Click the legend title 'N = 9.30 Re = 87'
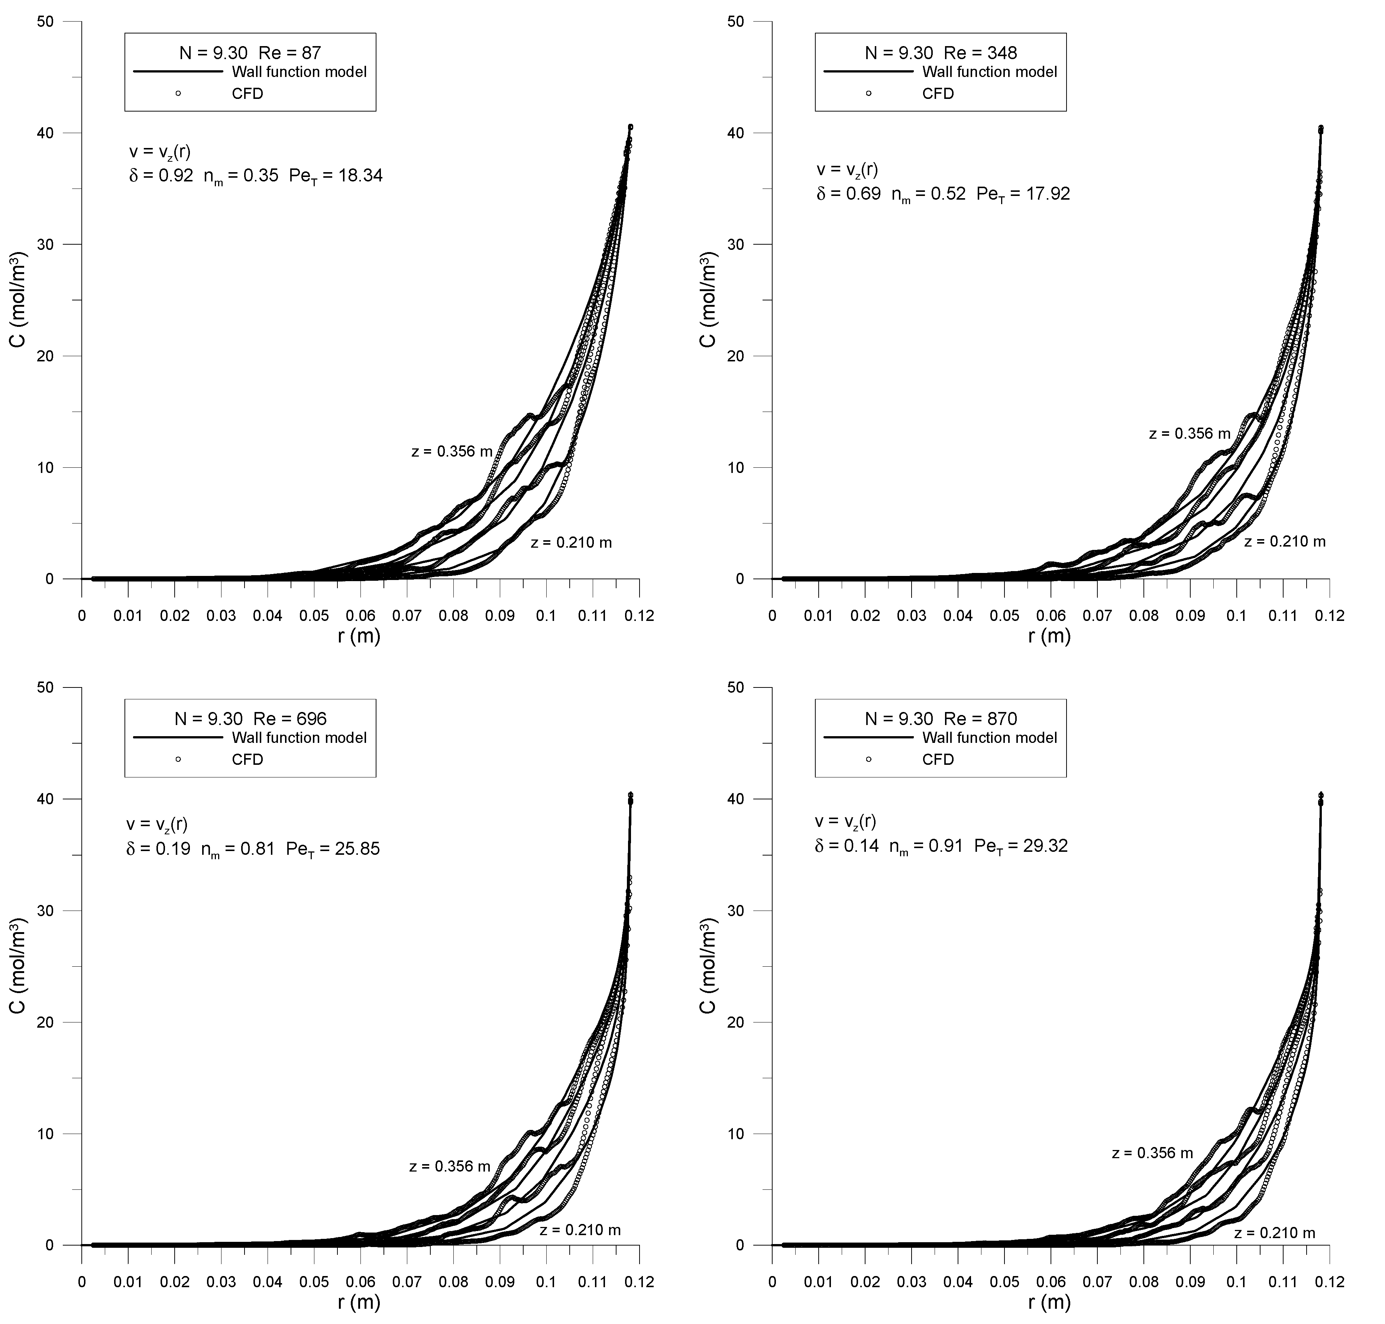[x=250, y=52]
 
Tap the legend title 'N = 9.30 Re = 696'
[x=250, y=718]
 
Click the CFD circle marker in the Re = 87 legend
[x=178, y=93]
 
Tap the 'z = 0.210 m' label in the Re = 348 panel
[x=1285, y=541]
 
